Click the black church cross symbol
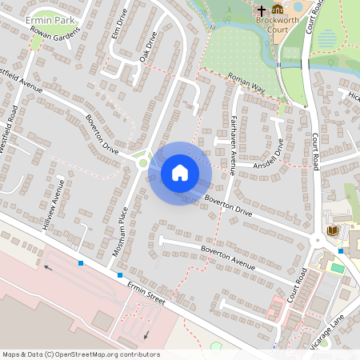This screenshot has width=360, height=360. click(x=261, y=10)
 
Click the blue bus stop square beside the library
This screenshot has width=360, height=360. click(x=341, y=251)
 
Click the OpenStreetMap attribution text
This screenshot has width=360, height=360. click(x=81, y=354)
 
